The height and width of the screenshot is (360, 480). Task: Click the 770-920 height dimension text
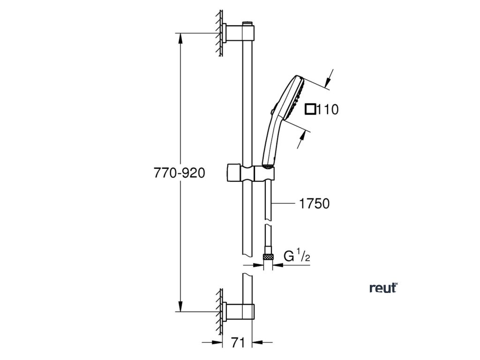180,173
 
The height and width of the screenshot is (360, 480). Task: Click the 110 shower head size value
328,110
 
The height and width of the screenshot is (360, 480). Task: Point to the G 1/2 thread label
297,257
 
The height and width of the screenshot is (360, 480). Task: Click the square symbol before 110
310,110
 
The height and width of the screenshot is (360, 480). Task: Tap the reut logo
383,288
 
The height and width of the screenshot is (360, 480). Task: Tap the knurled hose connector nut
269,257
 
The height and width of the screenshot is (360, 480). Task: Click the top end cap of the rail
247,23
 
